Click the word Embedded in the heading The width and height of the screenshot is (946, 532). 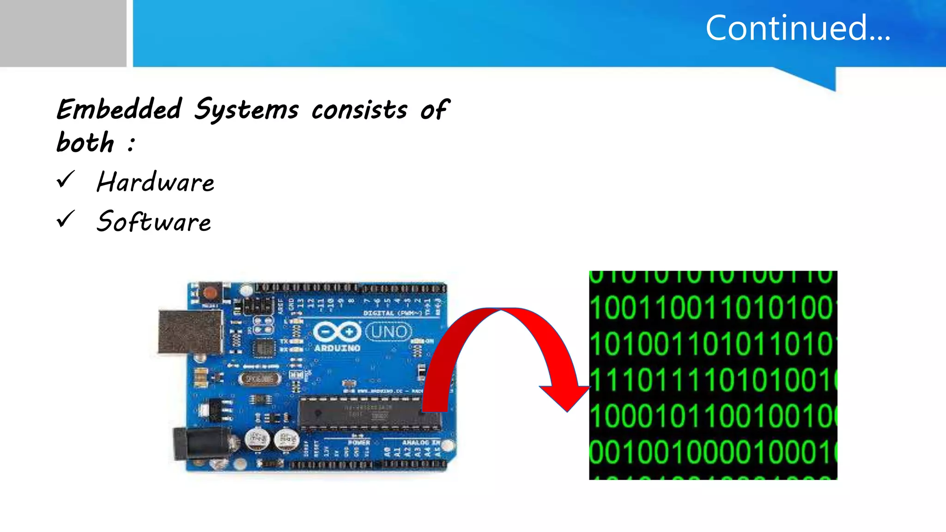[120, 109]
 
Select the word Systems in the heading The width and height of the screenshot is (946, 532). [246, 110]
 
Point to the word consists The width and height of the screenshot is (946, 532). [359, 110]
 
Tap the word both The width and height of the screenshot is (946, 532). [85, 142]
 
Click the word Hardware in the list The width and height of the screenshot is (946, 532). [156, 182]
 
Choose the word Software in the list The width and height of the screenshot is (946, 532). [154, 222]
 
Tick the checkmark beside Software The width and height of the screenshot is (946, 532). [66, 219]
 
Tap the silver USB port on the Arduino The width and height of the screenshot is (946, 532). [189, 332]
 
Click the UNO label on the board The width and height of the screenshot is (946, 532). [388, 332]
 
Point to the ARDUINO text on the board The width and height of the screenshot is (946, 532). [337, 348]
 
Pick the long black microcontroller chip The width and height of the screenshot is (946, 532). [370, 412]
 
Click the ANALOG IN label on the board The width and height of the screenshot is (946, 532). [421, 442]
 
